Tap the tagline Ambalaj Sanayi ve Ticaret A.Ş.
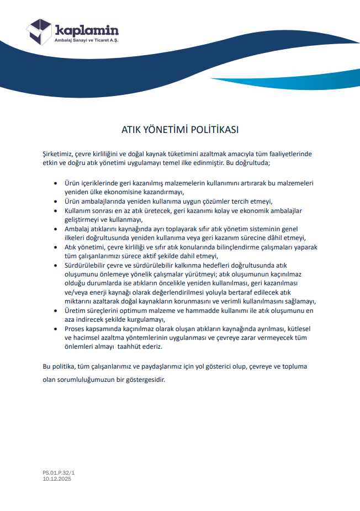tap(87, 41)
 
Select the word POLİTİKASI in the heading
tap(214, 130)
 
